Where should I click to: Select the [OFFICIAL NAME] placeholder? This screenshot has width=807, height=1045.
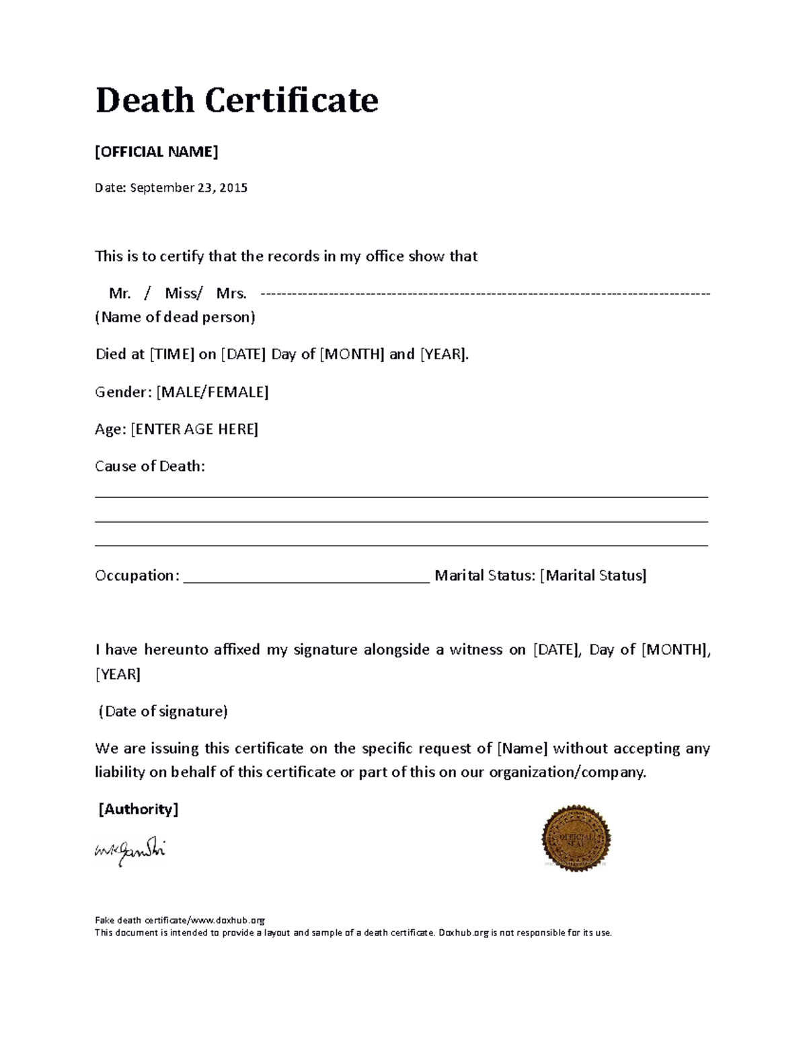(157, 151)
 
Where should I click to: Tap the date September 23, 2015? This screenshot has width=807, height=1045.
(188, 188)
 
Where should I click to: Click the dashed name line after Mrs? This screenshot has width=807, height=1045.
(484, 294)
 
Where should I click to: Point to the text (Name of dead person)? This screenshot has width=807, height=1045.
(175, 317)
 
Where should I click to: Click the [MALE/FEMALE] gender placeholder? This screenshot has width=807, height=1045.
(212, 392)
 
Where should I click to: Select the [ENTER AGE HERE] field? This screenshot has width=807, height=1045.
(194, 429)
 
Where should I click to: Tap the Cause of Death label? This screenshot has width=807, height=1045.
(150, 466)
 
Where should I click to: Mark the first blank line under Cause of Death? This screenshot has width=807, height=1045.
(401, 497)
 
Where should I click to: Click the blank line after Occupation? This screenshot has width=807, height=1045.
(306, 581)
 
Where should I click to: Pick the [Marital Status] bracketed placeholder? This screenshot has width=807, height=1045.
(593, 575)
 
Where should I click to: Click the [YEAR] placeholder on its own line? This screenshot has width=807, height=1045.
(118, 674)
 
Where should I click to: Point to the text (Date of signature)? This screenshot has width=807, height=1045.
(163, 711)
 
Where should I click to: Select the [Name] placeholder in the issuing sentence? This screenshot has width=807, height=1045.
(522, 748)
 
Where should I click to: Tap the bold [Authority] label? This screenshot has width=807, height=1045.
(139, 809)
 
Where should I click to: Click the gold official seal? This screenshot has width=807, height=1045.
(576, 838)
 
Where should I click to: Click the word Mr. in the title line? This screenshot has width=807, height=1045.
(120, 293)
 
